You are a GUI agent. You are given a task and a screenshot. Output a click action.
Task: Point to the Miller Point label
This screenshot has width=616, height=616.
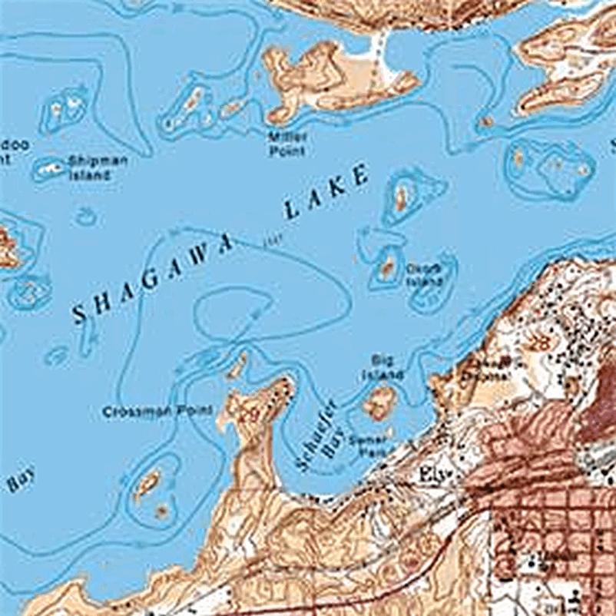point(287,143)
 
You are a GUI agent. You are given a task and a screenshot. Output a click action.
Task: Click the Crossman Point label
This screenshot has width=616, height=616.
point(157,412)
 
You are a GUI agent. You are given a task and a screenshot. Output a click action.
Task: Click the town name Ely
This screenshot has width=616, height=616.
point(432,475)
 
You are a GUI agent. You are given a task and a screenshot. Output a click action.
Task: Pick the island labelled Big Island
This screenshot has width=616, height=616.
point(379,402)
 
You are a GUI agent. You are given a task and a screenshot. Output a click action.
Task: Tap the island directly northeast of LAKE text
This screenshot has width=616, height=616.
point(401,197)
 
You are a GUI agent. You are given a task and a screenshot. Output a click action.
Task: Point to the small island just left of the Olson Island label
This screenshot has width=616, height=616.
point(387,268)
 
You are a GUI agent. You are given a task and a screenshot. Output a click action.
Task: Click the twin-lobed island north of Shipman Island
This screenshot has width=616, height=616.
point(65,110)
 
